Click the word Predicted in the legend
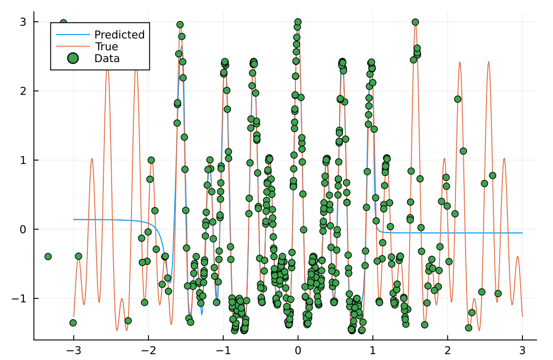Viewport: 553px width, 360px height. click(119, 35)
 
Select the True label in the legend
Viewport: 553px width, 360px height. click(106, 47)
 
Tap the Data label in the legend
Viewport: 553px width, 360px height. click(107, 59)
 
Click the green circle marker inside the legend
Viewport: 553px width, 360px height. click(73, 59)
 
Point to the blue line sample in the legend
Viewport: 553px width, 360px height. click(73, 35)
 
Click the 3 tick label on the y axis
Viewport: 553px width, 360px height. click(22, 22)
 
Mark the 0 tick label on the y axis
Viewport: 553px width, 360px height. click(22, 229)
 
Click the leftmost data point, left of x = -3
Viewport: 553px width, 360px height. click(48, 256)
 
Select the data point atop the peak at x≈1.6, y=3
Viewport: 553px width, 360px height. click(415, 22)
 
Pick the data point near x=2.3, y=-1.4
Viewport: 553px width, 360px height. click(469, 327)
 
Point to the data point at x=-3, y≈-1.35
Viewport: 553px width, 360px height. click(73, 323)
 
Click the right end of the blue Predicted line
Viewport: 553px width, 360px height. click(522, 233)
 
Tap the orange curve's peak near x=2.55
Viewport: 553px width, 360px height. click(488, 62)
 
